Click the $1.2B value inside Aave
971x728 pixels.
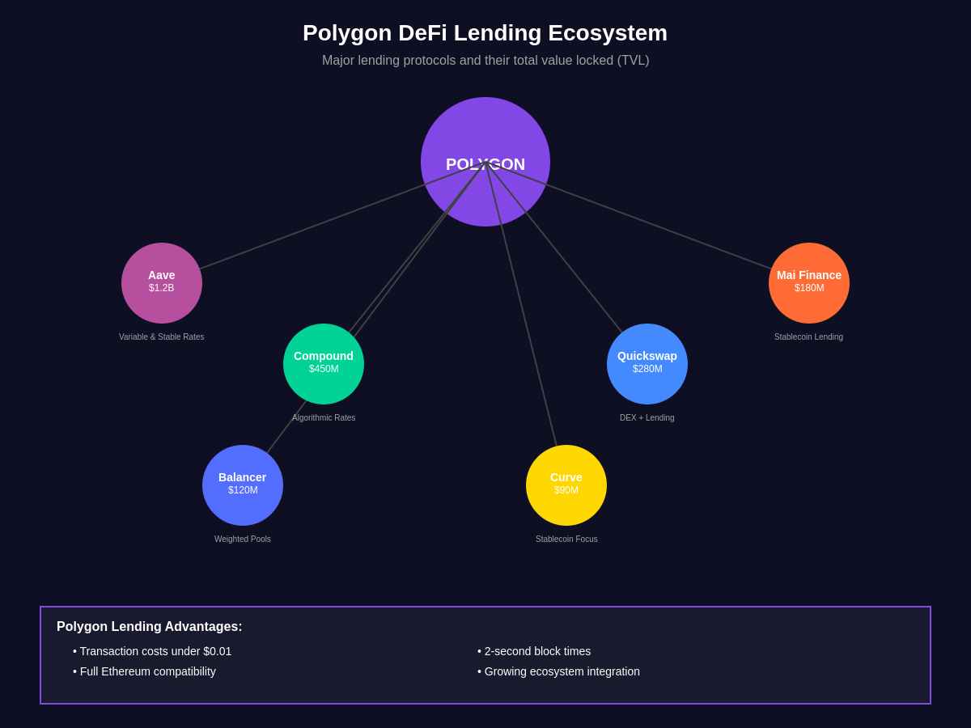point(162,289)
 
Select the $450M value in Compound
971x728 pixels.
point(324,370)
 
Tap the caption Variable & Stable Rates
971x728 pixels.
point(162,337)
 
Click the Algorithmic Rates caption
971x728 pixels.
point(324,418)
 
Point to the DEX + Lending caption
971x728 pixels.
point(647,418)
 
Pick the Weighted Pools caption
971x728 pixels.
point(243,540)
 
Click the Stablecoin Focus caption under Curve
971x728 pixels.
point(566,540)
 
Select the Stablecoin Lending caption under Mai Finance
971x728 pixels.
point(808,337)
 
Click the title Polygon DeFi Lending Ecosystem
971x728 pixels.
point(485,33)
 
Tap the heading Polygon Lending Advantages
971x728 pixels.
point(150,627)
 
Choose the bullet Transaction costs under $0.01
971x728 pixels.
point(155,651)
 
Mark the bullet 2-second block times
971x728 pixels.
point(536,651)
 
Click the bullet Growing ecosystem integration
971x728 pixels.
point(561,671)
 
